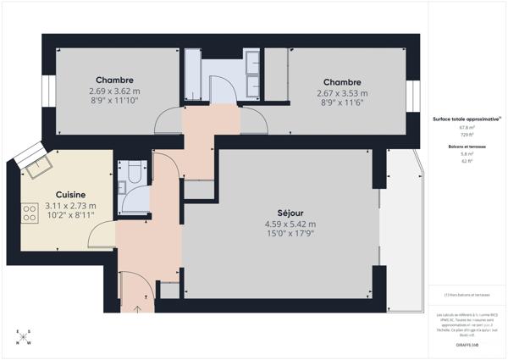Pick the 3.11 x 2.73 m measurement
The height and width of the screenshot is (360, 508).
pyautogui.click(x=70, y=205)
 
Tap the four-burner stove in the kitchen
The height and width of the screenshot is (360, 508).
pyautogui.click(x=28, y=211)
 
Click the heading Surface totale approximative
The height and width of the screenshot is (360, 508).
pyautogui.click(x=466, y=120)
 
